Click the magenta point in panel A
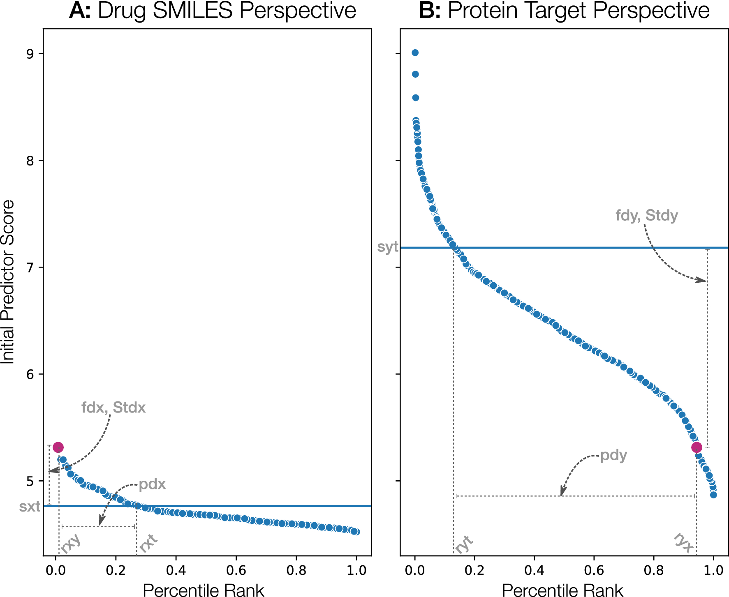pos(58,447)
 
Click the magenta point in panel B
pos(697,447)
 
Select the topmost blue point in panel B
pos(415,53)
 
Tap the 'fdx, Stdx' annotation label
pos(113,408)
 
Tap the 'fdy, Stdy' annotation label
pos(646,215)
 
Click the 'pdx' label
pos(152,484)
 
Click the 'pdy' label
pos(613,455)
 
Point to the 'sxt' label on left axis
pos(30,507)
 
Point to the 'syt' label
pos(388,247)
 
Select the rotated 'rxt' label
pos(148,543)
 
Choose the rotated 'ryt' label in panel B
pos(464,545)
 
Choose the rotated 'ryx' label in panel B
pos(684,542)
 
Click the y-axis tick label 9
pos(30,54)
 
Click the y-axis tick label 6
pos(30,374)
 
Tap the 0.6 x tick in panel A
pos(236,570)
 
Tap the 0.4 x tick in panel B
pos(534,570)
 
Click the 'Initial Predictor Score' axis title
pos(8,282)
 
